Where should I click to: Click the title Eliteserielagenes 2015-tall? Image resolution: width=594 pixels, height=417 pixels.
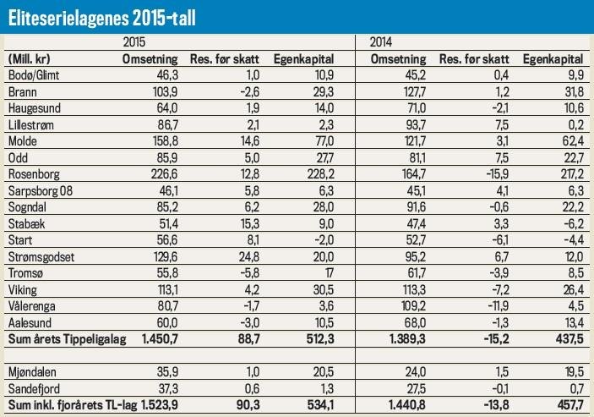(102, 16)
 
